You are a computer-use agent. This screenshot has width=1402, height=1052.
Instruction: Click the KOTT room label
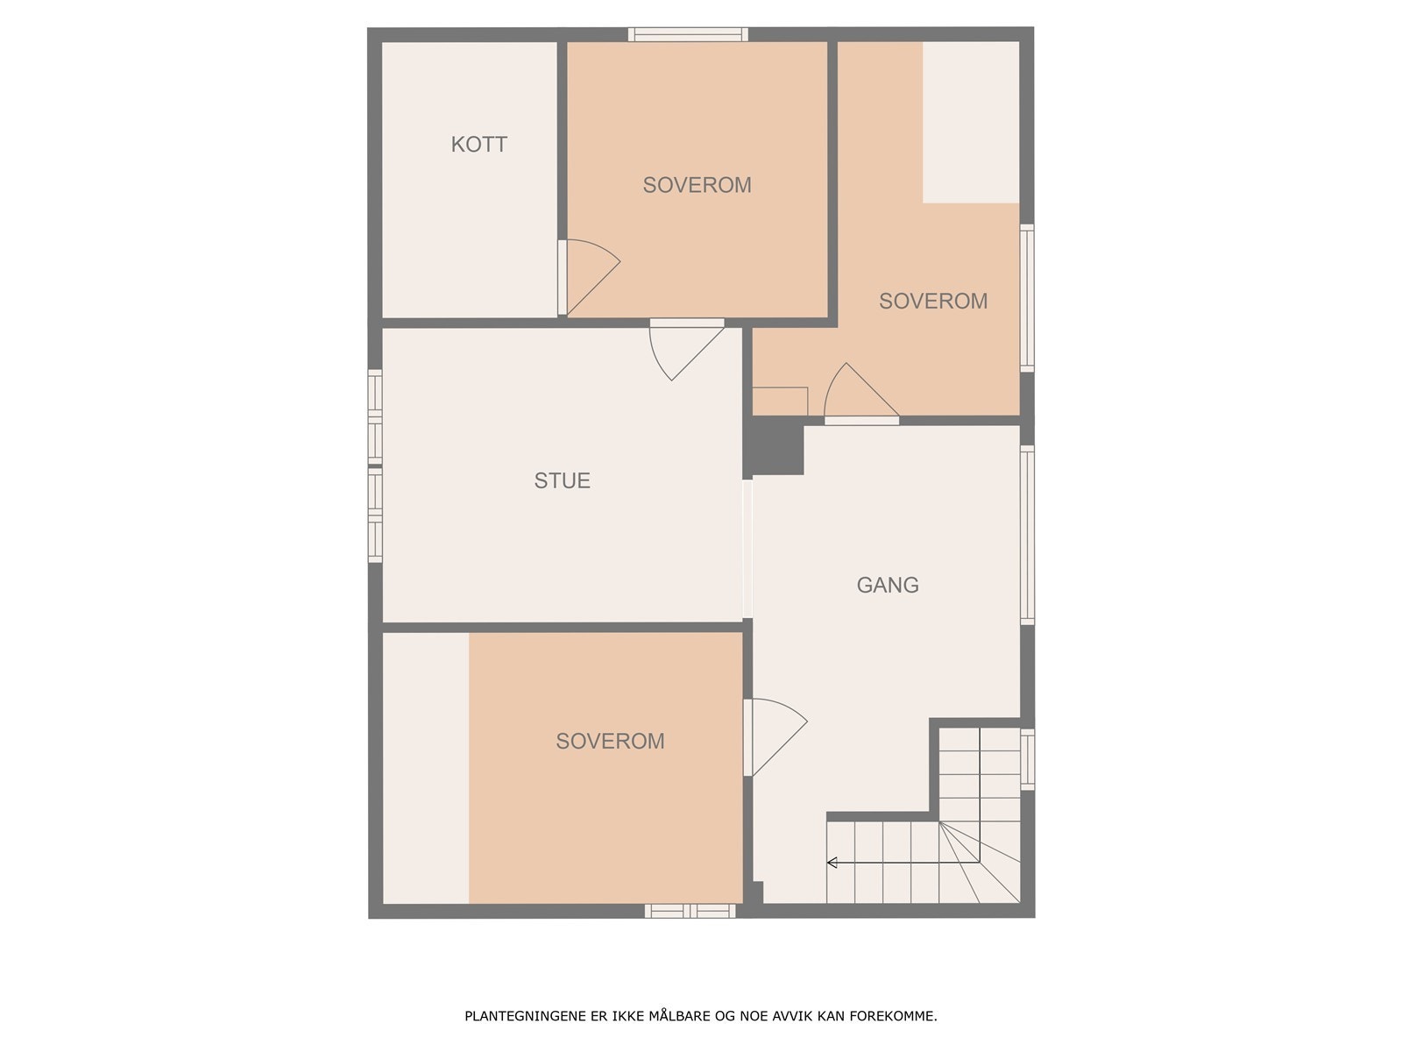[x=478, y=145]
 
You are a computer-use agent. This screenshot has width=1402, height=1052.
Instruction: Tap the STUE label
[x=562, y=480]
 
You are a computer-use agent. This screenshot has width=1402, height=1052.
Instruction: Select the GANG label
[x=888, y=585]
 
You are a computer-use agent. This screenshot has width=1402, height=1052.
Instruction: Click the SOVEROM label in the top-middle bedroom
[x=697, y=185]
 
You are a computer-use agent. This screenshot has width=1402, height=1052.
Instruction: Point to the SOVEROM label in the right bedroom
[x=933, y=301]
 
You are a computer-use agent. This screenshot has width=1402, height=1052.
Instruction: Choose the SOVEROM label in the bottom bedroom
[x=610, y=741]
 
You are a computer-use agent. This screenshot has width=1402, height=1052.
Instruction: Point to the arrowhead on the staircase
[x=832, y=864]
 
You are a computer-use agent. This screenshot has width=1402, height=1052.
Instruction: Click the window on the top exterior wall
[x=688, y=35]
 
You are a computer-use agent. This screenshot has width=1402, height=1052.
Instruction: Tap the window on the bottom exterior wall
[x=690, y=911]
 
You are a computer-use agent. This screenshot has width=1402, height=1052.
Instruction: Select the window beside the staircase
[x=1028, y=758]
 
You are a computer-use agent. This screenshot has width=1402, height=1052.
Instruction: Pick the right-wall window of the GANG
[x=1028, y=535]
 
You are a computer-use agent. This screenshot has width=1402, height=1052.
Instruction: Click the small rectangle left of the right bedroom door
[x=780, y=401]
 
